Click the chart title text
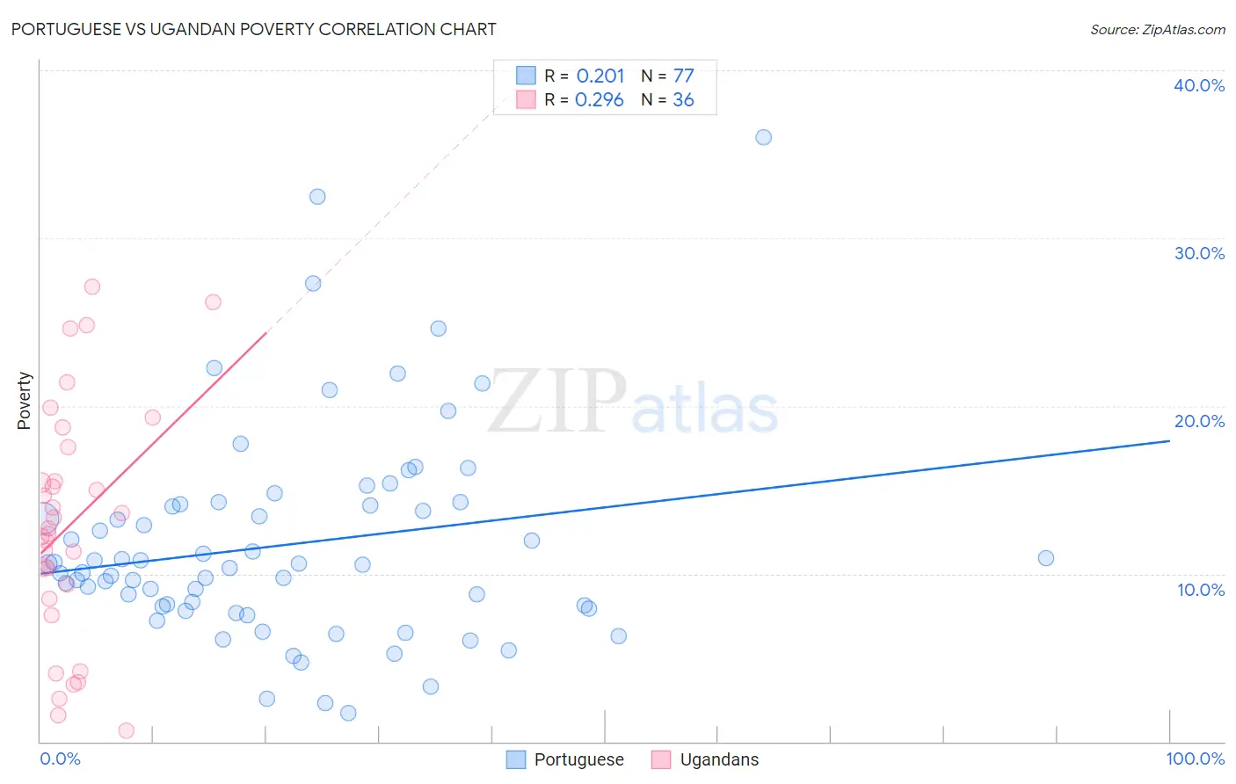pyautogui.click(x=254, y=29)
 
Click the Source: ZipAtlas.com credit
pyautogui.click(x=1157, y=29)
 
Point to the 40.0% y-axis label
pyautogui.click(x=1198, y=85)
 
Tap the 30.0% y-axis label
pyautogui.click(x=1198, y=253)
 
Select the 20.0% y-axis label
pyautogui.click(x=1198, y=421)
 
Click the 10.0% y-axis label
pyautogui.click(x=1200, y=590)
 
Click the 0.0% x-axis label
pyautogui.click(x=60, y=759)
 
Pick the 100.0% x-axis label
pyautogui.click(x=1195, y=759)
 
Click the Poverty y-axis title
pyautogui.click(x=24, y=401)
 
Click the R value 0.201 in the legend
pyautogui.click(x=600, y=76)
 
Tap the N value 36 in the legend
pyautogui.click(x=683, y=100)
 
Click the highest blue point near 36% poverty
pyautogui.click(x=763, y=137)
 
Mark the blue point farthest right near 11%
pyautogui.click(x=1045, y=558)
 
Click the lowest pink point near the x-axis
pyautogui.click(x=126, y=730)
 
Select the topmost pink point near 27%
pyautogui.click(x=91, y=287)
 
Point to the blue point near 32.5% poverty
pyautogui.click(x=317, y=196)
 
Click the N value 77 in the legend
pyautogui.click(x=683, y=76)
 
